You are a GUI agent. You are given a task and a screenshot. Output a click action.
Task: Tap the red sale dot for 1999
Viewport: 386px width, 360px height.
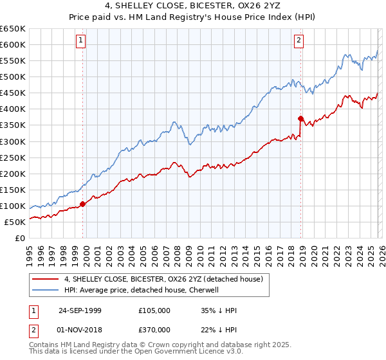[82, 204]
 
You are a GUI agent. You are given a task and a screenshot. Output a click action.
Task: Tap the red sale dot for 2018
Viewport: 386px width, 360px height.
[300, 118]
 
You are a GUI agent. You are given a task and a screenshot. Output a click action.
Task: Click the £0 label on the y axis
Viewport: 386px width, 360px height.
[21, 238]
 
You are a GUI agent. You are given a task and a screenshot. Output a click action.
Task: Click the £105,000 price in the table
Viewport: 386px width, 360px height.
[155, 310]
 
